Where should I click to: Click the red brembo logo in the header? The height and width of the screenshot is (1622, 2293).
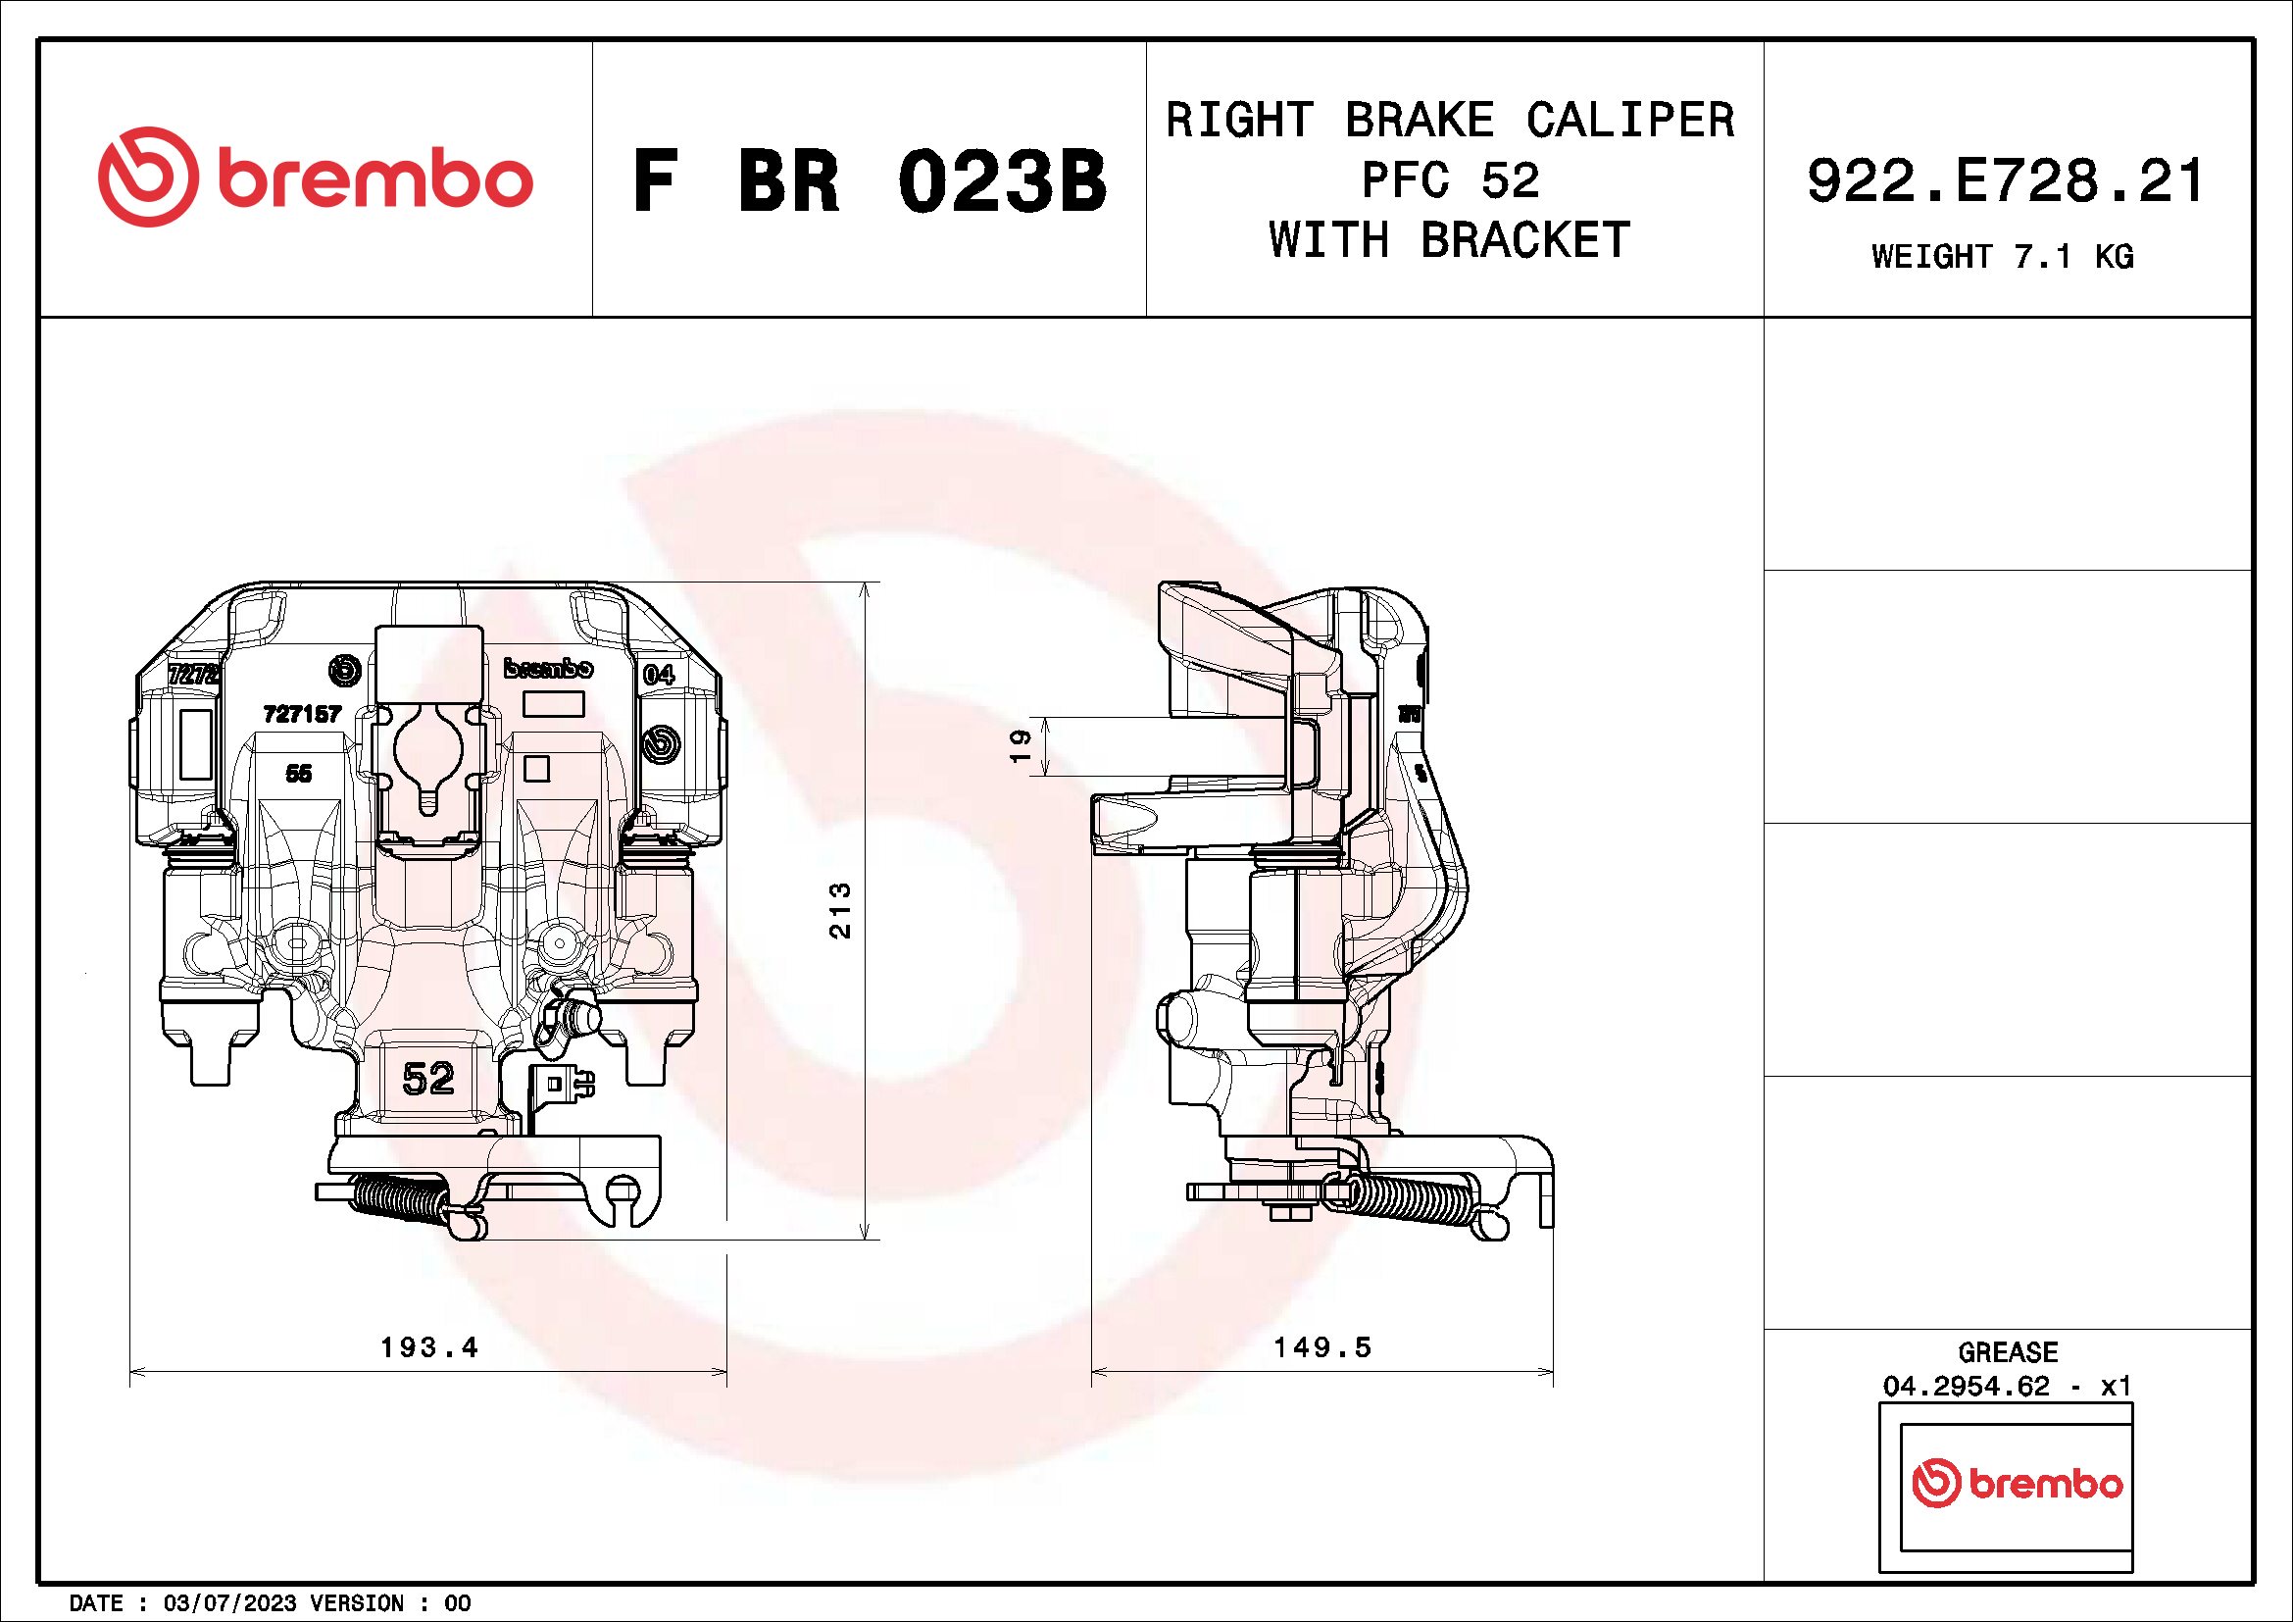point(316,177)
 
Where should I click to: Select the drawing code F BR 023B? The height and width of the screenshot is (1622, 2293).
point(869,181)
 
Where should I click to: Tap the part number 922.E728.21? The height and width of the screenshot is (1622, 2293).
point(2007,181)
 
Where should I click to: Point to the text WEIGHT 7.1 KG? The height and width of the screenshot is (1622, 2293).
point(2003,257)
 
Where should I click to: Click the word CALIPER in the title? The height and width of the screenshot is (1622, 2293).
point(1630,121)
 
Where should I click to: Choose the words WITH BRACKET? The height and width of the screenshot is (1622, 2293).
point(1449,240)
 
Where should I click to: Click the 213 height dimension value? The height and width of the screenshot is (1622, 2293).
point(841,910)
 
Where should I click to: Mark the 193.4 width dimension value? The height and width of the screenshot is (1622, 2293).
point(429,1347)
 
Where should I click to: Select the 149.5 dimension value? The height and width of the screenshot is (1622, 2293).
point(1322,1347)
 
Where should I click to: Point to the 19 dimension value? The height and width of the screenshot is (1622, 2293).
point(1020,746)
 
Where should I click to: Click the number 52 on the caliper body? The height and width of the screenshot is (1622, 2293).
point(428,1079)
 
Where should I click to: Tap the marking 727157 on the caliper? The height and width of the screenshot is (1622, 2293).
point(302,714)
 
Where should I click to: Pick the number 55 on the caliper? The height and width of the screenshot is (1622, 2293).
point(299,773)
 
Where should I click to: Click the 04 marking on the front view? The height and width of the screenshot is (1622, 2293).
point(658,674)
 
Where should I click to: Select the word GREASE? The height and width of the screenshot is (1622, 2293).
point(2008,1352)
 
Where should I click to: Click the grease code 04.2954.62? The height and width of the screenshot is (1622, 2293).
point(1966,1387)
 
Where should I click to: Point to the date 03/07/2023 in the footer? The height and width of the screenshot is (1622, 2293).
point(229,1603)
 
